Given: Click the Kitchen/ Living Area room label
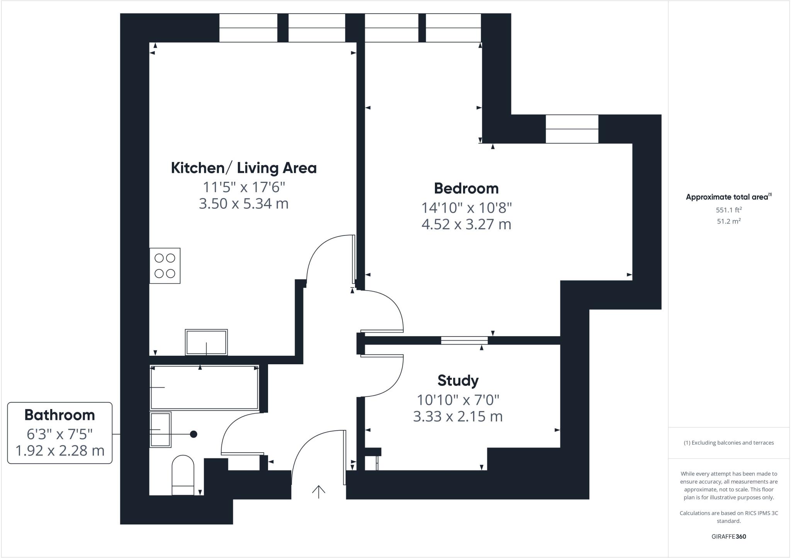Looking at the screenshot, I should click(x=244, y=168).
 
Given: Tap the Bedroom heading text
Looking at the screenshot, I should click(x=466, y=189).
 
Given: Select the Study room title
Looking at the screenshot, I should click(x=458, y=381).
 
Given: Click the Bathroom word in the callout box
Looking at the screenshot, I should click(x=59, y=415).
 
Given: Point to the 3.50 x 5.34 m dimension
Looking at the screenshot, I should click(x=244, y=204).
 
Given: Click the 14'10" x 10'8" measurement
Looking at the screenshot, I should click(x=466, y=208).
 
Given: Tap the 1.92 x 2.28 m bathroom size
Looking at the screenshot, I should click(x=59, y=451).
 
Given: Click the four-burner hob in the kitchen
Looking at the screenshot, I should click(x=165, y=265).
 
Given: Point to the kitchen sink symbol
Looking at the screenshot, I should click(x=206, y=342).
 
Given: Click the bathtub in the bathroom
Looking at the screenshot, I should click(x=204, y=387).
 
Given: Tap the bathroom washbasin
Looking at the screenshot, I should click(x=160, y=429).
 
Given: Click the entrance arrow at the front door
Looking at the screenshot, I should click(x=319, y=492).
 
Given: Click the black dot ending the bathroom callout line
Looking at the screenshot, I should click(x=194, y=434).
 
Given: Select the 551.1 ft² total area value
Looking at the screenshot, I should click(x=728, y=210).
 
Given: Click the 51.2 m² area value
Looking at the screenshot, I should click(x=728, y=222).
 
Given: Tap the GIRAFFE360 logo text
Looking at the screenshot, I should click(x=728, y=536).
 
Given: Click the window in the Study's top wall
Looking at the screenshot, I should click(x=464, y=340).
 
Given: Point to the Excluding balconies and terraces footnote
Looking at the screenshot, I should click(x=728, y=443).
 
